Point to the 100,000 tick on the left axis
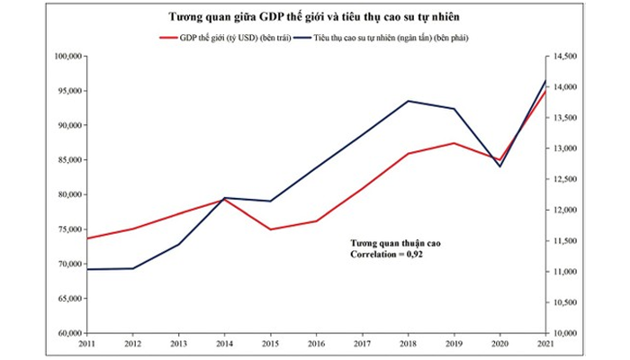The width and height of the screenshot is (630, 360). click(x=67, y=56)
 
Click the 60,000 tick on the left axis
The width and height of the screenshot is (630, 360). click(x=69, y=333)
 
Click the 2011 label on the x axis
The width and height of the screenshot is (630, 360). click(x=87, y=345)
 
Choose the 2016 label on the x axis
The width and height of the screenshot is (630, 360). click(x=317, y=345)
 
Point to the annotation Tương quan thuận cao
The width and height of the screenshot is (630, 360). click(x=396, y=243)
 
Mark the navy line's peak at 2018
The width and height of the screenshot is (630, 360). click(x=409, y=101)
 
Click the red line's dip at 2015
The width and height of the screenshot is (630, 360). click(x=271, y=229)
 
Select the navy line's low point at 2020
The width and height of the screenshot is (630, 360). click(x=500, y=166)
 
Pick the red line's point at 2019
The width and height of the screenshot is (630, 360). click(x=454, y=143)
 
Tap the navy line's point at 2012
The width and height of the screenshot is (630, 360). click(x=133, y=268)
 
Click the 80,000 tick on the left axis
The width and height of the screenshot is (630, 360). click(x=69, y=194)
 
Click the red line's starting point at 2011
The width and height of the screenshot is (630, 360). click(x=87, y=238)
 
